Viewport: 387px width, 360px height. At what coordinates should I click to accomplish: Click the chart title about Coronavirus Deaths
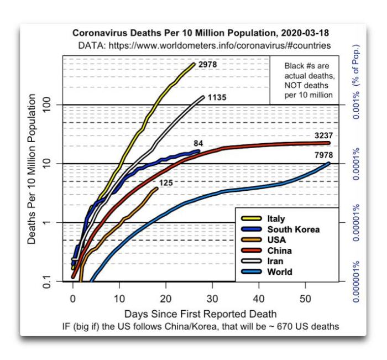pyautogui.click(x=202, y=33)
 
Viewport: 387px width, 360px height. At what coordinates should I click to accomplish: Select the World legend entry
pyautogui.click(x=279, y=272)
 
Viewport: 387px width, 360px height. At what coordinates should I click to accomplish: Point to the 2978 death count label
pyautogui.click(x=207, y=65)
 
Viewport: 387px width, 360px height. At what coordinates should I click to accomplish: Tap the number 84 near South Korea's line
pyautogui.click(x=198, y=144)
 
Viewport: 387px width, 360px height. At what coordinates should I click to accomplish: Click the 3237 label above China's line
pyautogui.click(x=321, y=135)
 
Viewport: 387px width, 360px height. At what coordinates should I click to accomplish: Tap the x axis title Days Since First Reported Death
pyautogui.click(x=201, y=314)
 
